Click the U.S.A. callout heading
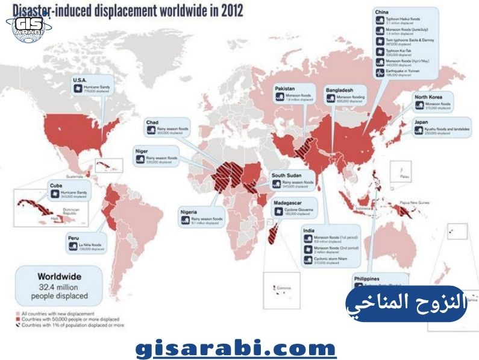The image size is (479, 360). pos(80,80)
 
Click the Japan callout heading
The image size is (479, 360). pos(421,122)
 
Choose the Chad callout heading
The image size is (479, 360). pos(152,122)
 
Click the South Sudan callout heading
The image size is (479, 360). pos(286,175)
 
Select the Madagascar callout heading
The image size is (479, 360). pos(288,203)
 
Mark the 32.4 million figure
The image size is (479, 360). pos(58,286)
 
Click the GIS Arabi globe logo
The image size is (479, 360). pos(28,25)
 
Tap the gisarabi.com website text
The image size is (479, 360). pos(235,349)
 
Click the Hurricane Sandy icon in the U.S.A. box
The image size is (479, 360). pos(78,89)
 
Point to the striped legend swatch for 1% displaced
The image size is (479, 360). pos(17,324)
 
